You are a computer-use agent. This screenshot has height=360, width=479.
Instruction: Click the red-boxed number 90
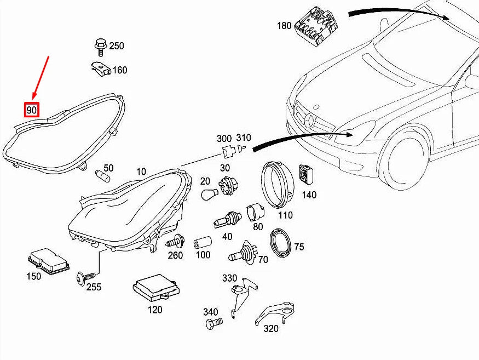pyautogui.click(x=31, y=110)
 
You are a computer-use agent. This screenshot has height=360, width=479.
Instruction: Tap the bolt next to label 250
pyautogui.click(x=101, y=47)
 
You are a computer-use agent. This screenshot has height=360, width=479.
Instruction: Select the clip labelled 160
pyautogui.click(x=100, y=68)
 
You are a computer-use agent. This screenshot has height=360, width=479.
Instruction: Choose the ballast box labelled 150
pyautogui.click(x=49, y=261)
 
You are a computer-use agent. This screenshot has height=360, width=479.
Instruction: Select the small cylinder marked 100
pyautogui.click(x=202, y=242)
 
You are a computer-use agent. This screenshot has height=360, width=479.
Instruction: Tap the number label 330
pyautogui.click(x=229, y=278)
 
